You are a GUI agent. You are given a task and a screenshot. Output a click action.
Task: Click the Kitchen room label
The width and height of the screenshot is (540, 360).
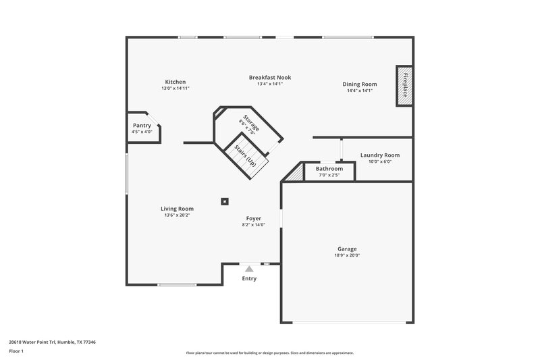(x=173, y=82)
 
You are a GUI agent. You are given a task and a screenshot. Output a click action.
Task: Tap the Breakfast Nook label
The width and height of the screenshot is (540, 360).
(x=269, y=77)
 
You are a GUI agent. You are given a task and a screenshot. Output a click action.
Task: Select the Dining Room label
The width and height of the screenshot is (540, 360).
(x=359, y=84)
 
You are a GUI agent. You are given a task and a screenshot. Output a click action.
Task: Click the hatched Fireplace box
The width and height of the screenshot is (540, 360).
(x=404, y=86)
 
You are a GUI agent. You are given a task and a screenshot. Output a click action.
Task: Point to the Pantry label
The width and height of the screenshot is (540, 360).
(x=142, y=125)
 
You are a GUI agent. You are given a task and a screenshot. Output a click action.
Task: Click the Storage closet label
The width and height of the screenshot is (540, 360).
(x=250, y=124)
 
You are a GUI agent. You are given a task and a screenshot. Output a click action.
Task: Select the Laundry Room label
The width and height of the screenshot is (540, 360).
(x=379, y=155)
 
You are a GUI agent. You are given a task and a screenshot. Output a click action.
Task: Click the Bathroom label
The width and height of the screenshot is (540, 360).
(x=329, y=168)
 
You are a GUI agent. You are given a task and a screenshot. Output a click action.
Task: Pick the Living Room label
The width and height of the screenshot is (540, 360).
(x=177, y=209)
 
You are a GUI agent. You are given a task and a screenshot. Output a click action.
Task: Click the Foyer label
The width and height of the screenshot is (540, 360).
(x=254, y=218)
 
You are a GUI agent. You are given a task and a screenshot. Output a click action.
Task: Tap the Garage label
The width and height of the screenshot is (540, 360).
(x=347, y=249)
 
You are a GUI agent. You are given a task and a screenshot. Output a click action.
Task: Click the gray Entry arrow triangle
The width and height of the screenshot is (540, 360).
(x=249, y=269)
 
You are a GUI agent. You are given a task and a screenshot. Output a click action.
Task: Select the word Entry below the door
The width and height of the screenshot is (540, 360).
(x=249, y=278)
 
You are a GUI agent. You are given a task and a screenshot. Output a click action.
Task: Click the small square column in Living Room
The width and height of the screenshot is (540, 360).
(x=225, y=200)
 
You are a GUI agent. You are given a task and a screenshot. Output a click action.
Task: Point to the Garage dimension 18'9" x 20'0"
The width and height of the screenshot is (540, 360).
(x=347, y=255)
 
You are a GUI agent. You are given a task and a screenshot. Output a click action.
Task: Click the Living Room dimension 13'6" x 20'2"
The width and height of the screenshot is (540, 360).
(x=177, y=215)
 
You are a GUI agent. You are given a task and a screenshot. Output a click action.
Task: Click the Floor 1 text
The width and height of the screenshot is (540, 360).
(x=16, y=351)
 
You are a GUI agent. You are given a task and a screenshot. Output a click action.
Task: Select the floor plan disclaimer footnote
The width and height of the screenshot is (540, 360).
(x=269, y=353)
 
